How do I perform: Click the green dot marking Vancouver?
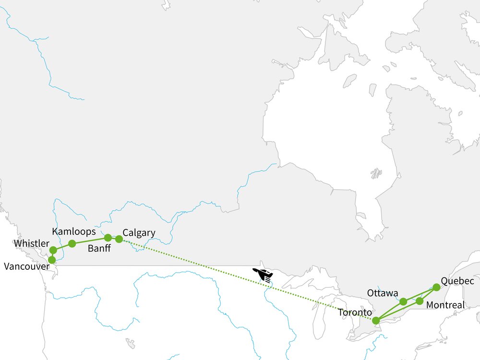point(52,260)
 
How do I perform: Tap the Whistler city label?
point(31,243)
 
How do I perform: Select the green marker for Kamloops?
point(72,244)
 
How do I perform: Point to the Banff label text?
point(99,249)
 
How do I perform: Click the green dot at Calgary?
point(119,239)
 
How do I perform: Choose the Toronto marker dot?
point(376,320)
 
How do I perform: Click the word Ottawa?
point(383,293)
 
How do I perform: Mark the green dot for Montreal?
point(420,301)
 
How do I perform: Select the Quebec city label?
point(457,281)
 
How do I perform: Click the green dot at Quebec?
point(436,287)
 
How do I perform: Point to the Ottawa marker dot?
point(403,301)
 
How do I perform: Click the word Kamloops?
point(74,231)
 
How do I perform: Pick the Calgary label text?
point(139,233)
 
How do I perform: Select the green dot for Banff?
point(108,238)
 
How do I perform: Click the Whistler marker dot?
point(53,250)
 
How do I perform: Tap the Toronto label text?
point(355,312)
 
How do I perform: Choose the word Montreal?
point(445,305)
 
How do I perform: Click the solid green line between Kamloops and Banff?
point(90,240)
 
